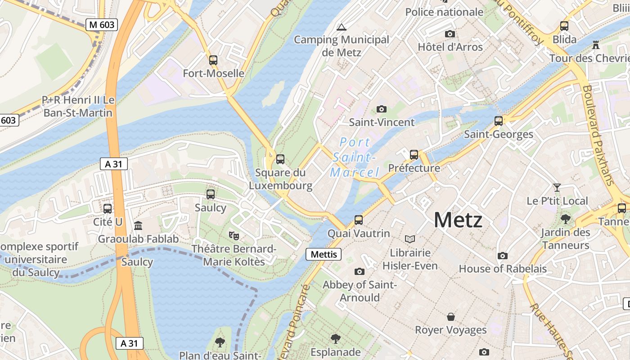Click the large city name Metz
(x=458, y=220)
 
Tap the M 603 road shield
(x=102, y=25)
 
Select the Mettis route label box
(x=324, y=254)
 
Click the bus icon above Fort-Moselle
(x=213, y=60)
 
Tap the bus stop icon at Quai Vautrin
(x=359, y=220)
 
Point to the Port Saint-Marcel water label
(x=355, y=157)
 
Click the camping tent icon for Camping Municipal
(x=342, y=27)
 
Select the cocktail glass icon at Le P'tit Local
(x=557, y=187)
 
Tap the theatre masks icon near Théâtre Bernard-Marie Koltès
(x=234, y=235)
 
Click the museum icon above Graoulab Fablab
(x=138, y=225)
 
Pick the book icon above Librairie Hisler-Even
(x=410, y=239)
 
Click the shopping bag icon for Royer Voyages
(x=450, y=317)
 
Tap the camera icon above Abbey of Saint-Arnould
(x=359, y=271)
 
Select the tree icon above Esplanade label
(x=335, y=338)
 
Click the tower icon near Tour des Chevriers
(x=596, y=45)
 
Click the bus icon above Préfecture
(x=414, y=155)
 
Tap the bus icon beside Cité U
(x=108, y=209)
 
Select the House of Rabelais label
(x=503, y=269)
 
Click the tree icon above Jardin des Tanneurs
(x=565, y=219)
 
